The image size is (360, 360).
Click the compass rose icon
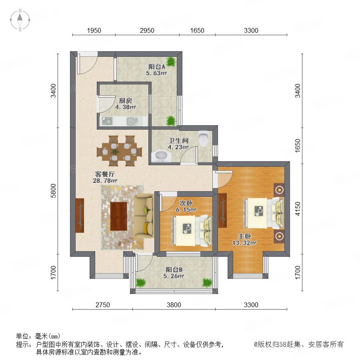coord(20,20)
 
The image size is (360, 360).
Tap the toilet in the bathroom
coord(204,138)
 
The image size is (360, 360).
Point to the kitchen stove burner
coord(107,120)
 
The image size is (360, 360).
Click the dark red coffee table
coord(119,216)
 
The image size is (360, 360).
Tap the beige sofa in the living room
coord(144,216)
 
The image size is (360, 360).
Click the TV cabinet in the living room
coord(80,215)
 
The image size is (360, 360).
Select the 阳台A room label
coord(156,67)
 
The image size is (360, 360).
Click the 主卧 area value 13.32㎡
coord(244,243)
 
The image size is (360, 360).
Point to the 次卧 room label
coord(186,203)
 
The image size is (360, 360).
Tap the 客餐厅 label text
coord(105,174)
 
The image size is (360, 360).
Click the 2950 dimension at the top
coord(147,30)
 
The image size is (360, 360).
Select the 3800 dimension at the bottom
coord(174,305)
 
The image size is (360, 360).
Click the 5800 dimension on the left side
coord(53,190)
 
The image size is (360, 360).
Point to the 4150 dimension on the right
coord(298,209)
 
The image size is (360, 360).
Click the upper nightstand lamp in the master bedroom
coord(279,190)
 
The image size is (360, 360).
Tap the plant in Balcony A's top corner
coord(171,62)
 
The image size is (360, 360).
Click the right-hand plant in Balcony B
coord(207,282)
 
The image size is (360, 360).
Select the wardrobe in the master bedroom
coord(222,210)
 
